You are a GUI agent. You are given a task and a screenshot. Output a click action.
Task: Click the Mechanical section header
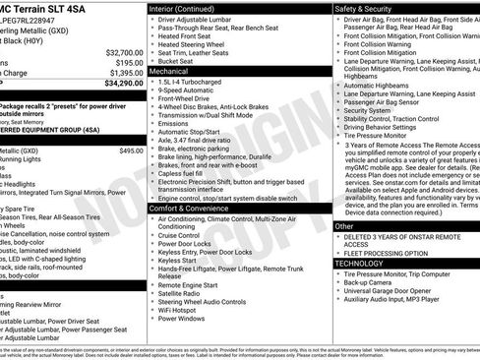coord(169,72)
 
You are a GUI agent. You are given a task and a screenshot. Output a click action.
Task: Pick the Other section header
coord(344,226)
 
